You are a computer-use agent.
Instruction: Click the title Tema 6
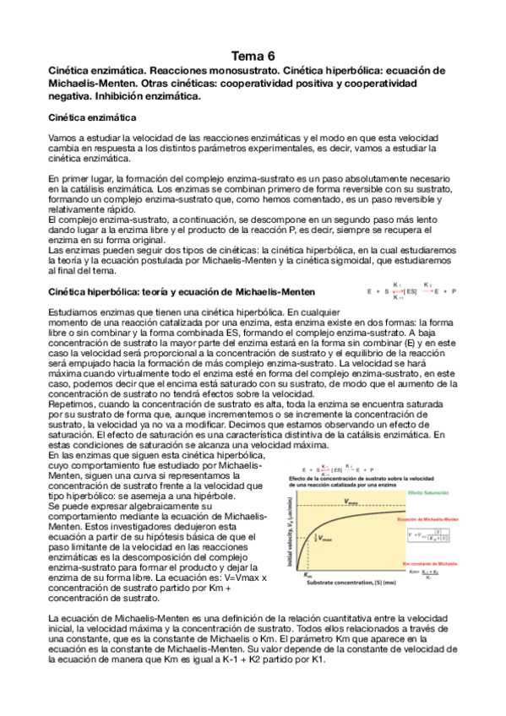(253, 55)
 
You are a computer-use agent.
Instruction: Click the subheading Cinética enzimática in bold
(87, 117)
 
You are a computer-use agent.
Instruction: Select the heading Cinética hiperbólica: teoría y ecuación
(182, 291)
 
